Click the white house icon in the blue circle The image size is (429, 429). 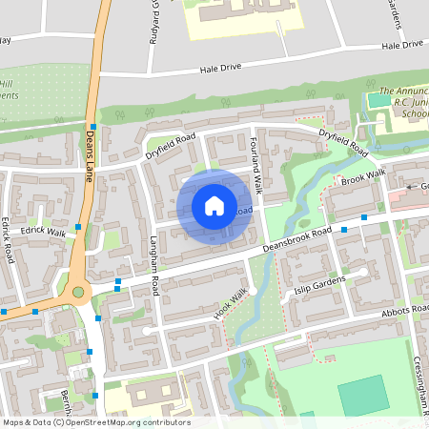click(x=214, y=206)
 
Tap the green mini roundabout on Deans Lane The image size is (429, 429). click(x=78, y=292)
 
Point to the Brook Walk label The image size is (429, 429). click(x=363, y=177)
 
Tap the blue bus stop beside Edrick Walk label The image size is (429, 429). click(x=78, y=227)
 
